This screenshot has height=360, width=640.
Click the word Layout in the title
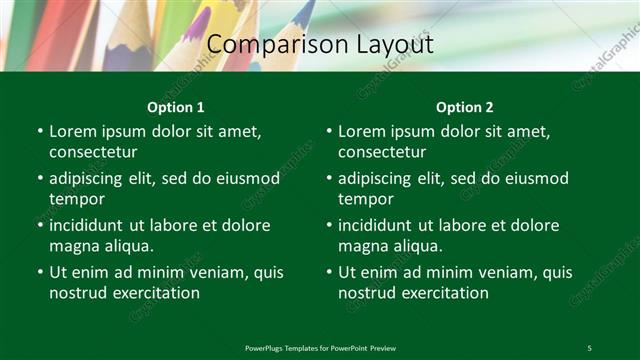click(385, 45)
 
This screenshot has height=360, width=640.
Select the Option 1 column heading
click(176, 107)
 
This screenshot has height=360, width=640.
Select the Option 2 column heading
click(465, 107)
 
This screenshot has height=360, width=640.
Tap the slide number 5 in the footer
click(589, 347)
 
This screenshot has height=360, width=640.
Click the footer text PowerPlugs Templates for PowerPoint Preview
click(320, 347)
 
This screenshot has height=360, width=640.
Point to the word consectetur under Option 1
click(93, 152)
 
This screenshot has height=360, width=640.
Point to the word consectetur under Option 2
click(382, 152)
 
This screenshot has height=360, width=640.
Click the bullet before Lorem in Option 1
click(40, 131)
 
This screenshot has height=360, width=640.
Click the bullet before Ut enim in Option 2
click(329, 272)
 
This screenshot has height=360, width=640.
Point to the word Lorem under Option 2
click(361, 131)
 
